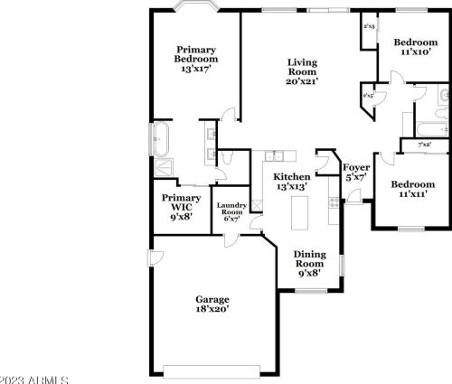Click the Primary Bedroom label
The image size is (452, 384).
pos(196,59)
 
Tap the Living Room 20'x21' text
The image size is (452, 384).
pos(303,72)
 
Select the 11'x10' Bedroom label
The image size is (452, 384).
pos(415,47)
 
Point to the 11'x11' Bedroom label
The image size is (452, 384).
pos(412,188)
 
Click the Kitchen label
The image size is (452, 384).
pos(292,181)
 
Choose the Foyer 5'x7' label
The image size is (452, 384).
pos(353,173)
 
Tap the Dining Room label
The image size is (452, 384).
pos(310,261)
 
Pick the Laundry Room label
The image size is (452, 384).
pos(231,211)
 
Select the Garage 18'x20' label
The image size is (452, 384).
pos(213,304)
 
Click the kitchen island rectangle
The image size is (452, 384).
pos(298,213)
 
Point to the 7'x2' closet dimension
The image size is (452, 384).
pos(423,145)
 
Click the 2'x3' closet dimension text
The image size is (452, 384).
pos(369,26)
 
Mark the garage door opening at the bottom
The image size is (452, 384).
pos(214,368)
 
